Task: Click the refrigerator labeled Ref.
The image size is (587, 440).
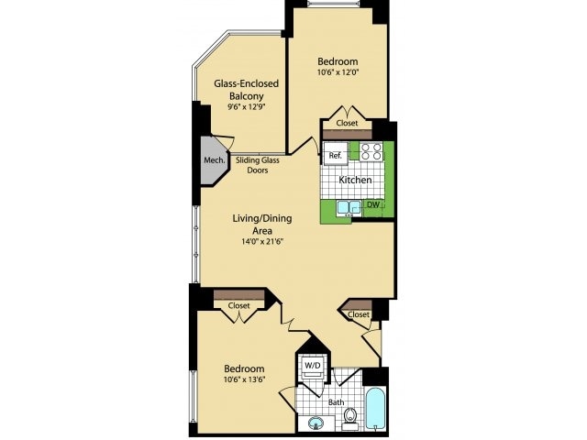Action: click(x=335, y=156)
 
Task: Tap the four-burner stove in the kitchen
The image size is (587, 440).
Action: click(x=371, y=152)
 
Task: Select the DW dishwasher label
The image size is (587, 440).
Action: click(x=372, y=204)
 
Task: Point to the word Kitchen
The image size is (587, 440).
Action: click(x=355, y=181)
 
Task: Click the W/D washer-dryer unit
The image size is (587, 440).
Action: click(x=312, y=367)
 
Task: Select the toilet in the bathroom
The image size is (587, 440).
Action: click(x=349, y=421)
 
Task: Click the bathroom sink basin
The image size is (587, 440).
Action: click(x=316, y=423)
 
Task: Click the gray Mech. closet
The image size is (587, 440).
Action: click(x=214, y=159)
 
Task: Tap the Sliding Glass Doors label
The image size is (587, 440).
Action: click(x=258, y=165)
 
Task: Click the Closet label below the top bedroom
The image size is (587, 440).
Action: click(x=347, y=123)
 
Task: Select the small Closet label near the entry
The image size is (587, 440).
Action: click(x=359, y=314)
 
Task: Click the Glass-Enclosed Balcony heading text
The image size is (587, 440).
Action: click(x=246, y=88)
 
